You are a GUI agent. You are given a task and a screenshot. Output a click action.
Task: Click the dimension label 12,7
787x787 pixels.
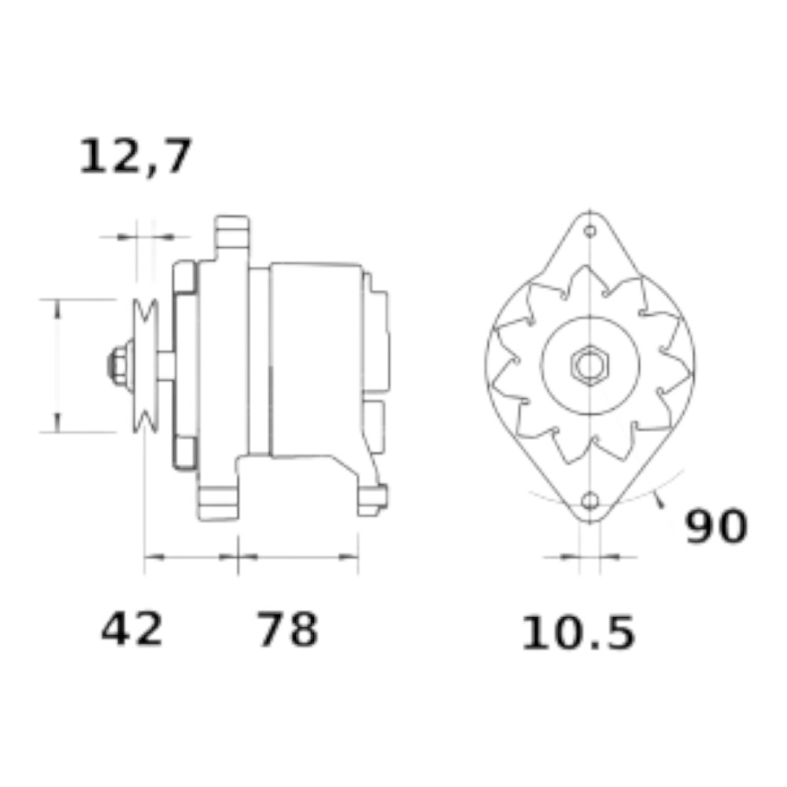[x=135, y=157]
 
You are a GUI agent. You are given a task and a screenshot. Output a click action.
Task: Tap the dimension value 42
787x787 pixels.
[x=132, y=628]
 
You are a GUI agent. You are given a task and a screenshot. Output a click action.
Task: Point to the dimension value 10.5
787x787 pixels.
[x=578, y=633]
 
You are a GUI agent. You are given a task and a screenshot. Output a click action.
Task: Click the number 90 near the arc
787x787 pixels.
[x=716, y=526]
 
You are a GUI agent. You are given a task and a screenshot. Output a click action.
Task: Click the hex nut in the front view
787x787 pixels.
[x=590, y=365]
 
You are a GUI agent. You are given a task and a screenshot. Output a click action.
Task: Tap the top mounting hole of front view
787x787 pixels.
[x=590, y=231]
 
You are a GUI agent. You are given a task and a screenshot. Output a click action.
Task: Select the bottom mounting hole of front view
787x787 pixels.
[x=590, y=501]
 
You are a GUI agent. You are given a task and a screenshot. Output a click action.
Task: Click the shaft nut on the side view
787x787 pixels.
[x=120, y=365]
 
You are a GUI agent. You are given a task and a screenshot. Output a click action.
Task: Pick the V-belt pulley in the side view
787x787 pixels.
[x=146, y=365]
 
